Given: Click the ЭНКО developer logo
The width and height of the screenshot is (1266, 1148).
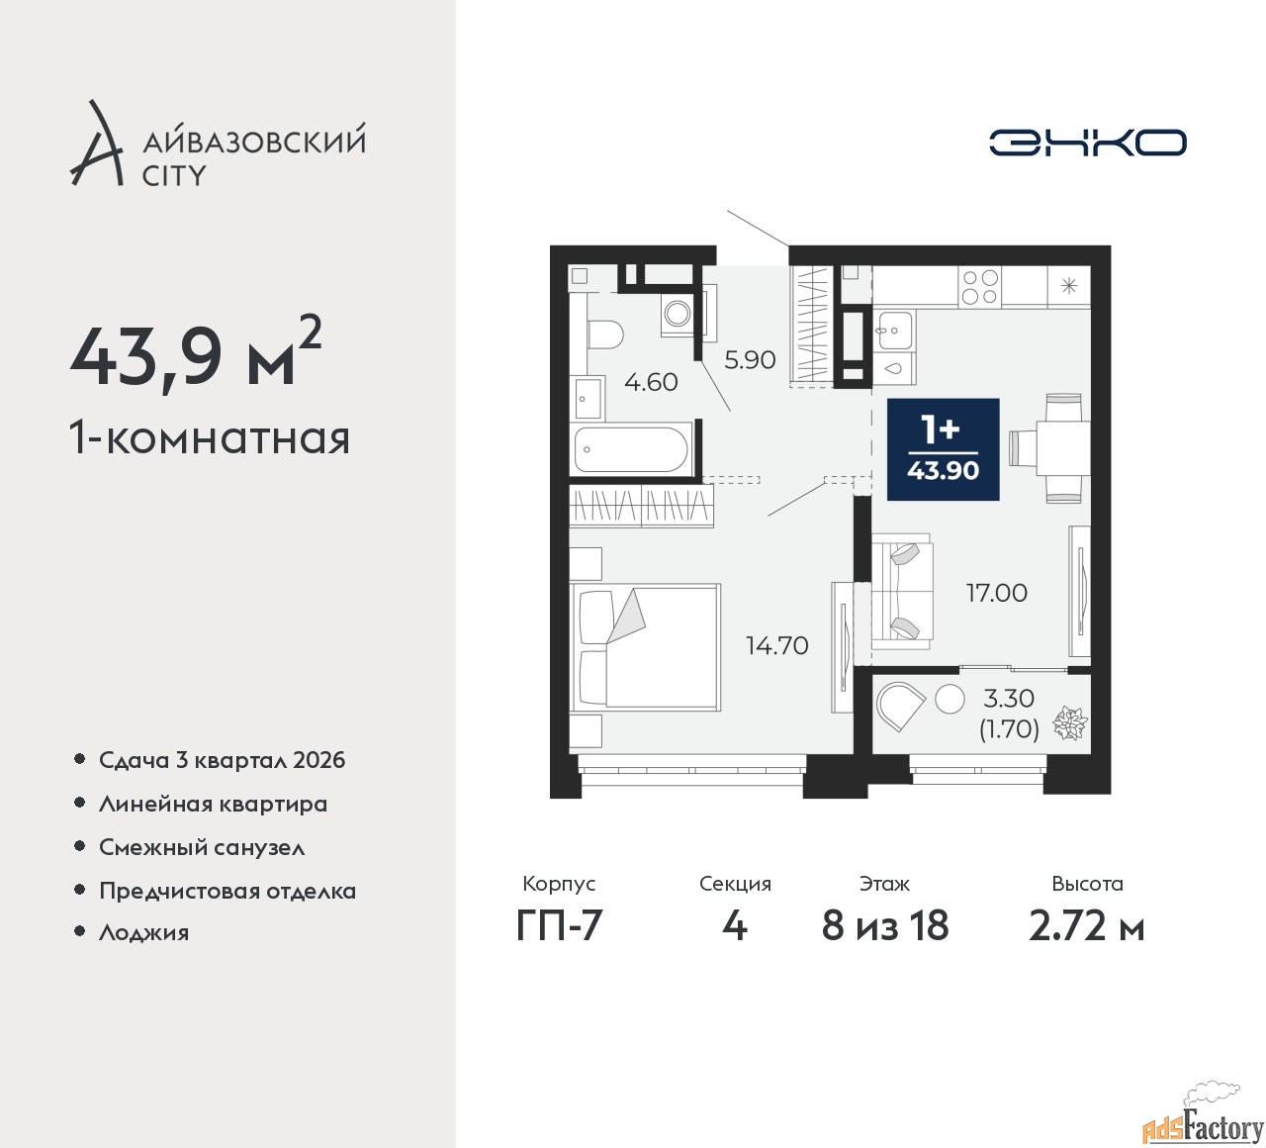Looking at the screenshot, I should [x=1087, y=143].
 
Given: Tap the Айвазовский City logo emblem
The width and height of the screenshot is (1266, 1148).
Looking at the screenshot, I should [x=96, y=143].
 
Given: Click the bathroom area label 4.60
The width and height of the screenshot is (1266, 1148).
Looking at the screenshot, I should [x=651, y=382].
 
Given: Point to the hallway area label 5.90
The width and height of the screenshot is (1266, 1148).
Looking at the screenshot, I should [x=749, y=359].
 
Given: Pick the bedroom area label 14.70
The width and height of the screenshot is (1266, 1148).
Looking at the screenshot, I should [x=776, y=645].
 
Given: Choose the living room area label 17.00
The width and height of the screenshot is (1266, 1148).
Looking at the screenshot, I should [x=996, y=593].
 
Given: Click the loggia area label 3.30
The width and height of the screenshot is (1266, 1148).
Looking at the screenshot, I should [x=1008, y=699].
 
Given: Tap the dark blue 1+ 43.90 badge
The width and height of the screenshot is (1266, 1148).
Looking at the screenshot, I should [x=943, y=449].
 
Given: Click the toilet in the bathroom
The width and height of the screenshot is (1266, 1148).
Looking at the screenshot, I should [x=604, y=333].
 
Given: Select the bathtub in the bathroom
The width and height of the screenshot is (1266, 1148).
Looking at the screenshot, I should [x=630, y=450].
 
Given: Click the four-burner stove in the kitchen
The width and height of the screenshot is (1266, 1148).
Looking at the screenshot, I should [x=980, y=287].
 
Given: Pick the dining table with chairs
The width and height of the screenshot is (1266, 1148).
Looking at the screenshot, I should [x=1054, y=447].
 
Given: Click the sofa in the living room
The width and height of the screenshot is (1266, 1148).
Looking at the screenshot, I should [x=902, y=592].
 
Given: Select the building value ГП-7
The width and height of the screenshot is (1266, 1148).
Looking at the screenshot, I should [x=559, y=926].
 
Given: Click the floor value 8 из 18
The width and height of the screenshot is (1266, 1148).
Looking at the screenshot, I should [x=884, y=926].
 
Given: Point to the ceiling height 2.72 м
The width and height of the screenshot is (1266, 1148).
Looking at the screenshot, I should [x=1086, y=926].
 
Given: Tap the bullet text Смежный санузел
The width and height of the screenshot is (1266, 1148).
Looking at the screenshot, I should [x=202, y=847].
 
